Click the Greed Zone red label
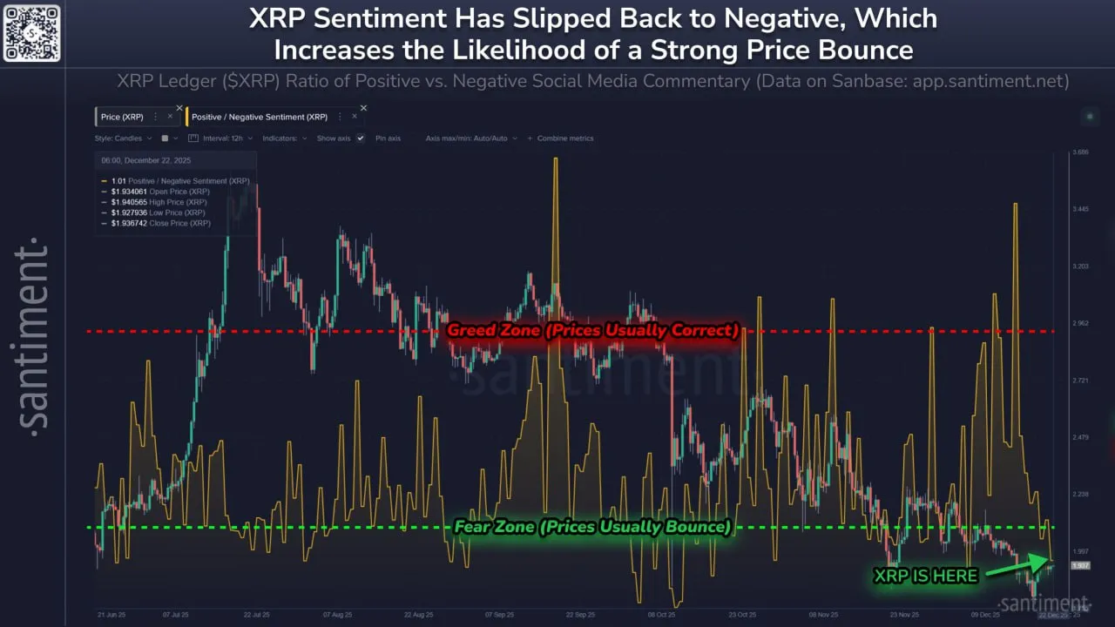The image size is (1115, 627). pyautogui.click(x=592, y=331)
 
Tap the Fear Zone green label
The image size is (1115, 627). pyautogui.click(x=592, y=527)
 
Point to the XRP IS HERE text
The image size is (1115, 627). pyautogui.click(x=925, y=576)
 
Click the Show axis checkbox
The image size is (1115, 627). pyautogui.click(x=360, y=138)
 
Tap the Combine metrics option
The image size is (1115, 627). pyautogui.click(x=564, y=138)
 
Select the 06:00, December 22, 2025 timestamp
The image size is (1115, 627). pyautogui.click(x=146, y=161)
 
